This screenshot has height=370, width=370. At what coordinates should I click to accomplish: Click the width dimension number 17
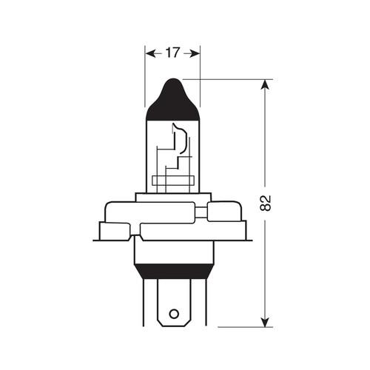click(x=172, y=53)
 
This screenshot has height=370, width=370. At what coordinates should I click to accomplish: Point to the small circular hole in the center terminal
click(x=175, y=314)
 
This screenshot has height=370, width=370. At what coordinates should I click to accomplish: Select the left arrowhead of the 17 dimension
click(x=149, y=53)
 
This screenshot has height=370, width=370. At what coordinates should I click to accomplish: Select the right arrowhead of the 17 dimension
click(x=195, y=53)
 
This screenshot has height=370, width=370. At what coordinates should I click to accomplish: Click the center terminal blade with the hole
click(x=175, y=303)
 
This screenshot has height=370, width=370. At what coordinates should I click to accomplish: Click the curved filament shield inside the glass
click(x=177, y=138)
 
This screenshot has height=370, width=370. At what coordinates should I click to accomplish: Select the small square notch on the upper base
click(x=199, y=214)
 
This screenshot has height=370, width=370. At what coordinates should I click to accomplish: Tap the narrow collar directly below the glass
click(x=172, y=195)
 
